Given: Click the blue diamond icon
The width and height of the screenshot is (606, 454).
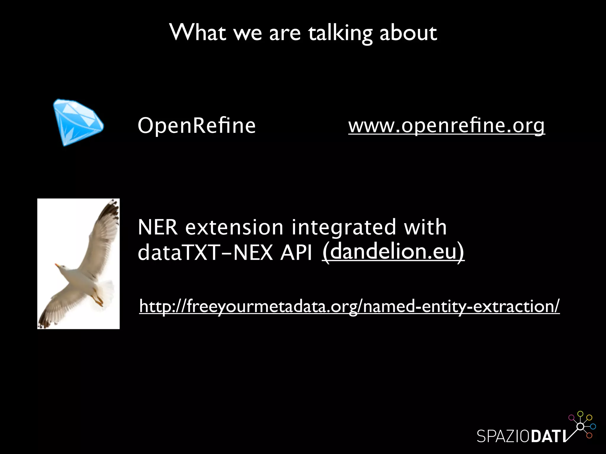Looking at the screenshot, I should (x=78, y=122).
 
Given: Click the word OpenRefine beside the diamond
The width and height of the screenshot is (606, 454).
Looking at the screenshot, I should (x=196, y=126).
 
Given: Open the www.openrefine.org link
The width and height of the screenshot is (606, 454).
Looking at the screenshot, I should (x=446, y=126).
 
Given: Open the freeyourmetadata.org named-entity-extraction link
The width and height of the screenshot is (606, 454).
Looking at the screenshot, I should (x=349, y=306).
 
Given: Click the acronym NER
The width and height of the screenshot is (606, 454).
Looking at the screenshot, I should (x=158, y=227).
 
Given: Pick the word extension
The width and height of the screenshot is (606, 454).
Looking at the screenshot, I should (x=234, y=227).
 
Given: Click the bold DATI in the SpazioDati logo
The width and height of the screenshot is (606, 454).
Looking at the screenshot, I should (x=548, y=436).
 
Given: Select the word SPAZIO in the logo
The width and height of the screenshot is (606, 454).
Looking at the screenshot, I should (x=503, y=436).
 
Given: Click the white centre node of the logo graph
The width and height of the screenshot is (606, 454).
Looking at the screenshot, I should (x=580, y=427).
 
